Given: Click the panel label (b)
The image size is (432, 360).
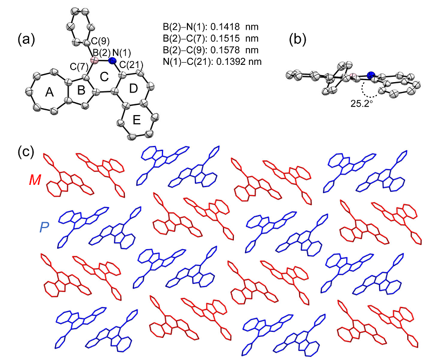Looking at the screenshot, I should (300, 39).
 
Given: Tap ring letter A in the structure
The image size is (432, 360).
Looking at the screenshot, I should (50, 94).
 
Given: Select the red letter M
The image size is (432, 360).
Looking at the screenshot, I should (35, 179).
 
